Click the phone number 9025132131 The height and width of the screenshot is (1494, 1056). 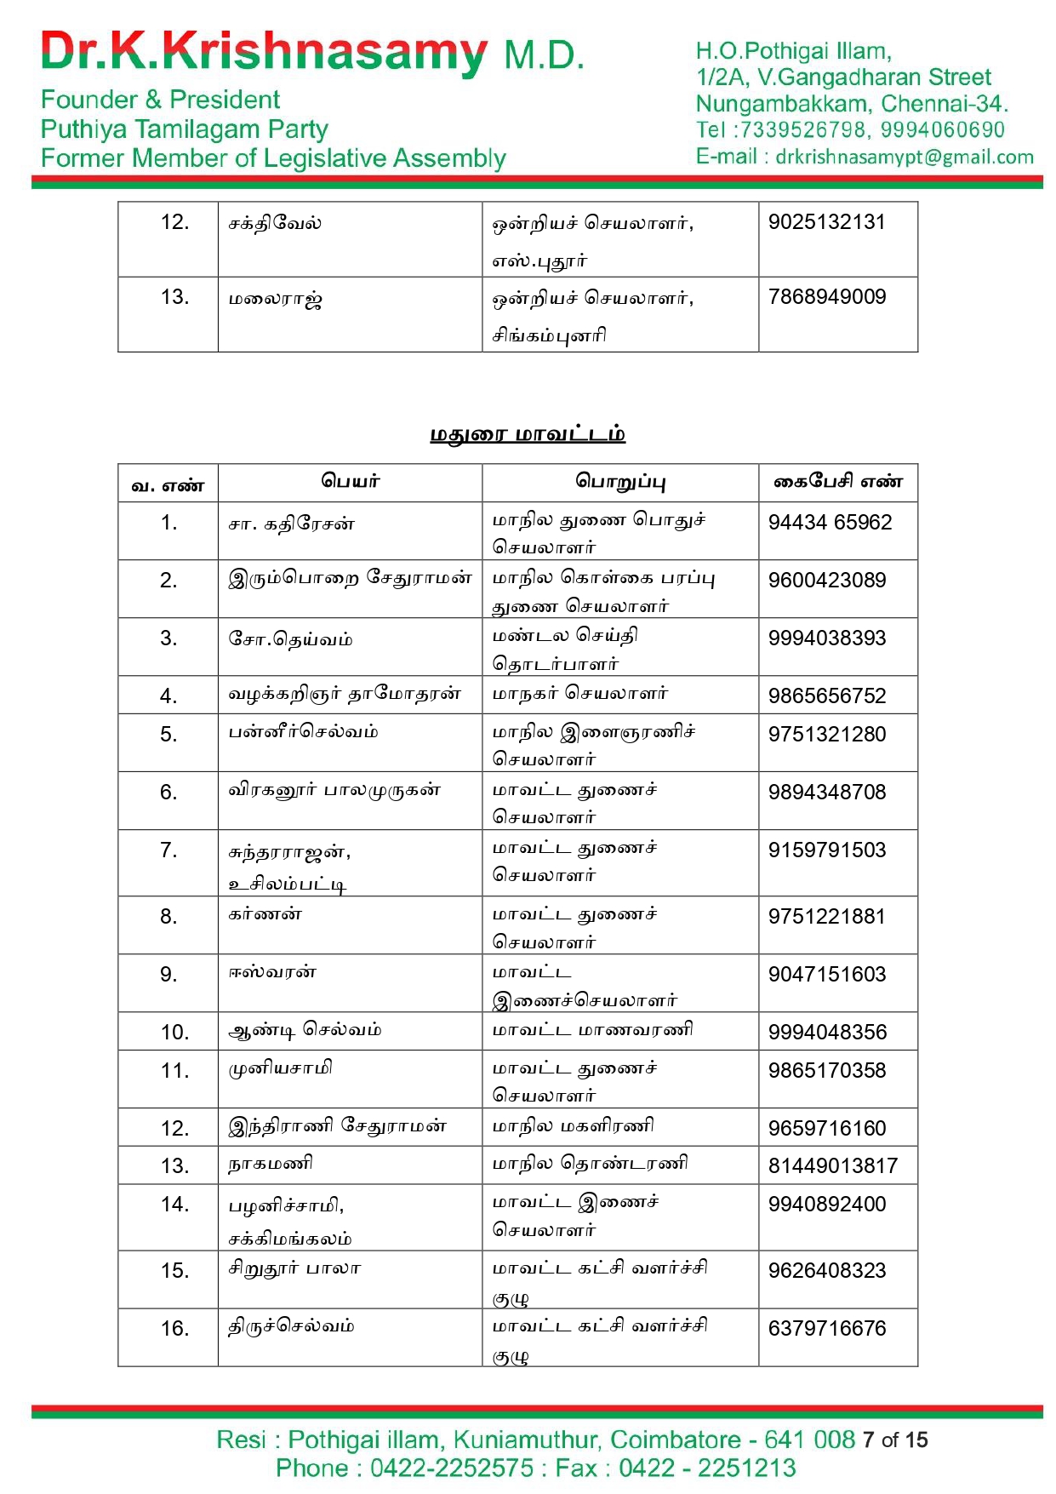[x=826, y=222]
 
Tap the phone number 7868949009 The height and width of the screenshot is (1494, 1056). [x=826, y=297]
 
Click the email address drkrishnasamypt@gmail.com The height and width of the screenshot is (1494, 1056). [x=905, y=157]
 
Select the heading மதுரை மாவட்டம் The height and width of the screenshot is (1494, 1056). [x=528, y=434]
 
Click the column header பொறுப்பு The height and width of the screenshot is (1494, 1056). [x=620, y=482]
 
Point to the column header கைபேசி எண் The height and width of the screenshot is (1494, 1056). [x=837, y=482]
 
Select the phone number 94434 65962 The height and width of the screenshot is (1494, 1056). [x=830, y=523]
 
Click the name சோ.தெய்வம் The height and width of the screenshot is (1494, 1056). [x=290, y=639]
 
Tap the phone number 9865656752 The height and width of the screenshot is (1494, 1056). [x=826, y=696]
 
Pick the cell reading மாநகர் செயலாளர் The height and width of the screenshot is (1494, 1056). [x=580, y=694]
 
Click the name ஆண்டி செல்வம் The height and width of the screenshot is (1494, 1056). [x=305, y=1030]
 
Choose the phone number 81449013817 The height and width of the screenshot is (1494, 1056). [x=832, y=1166]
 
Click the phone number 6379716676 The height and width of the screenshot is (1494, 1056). [x=826, y=1329]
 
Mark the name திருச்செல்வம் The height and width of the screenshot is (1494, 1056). [x=291, y=1326]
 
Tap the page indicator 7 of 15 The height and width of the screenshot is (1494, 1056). [x=894, y=1440]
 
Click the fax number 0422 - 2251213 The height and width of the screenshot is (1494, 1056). [x=707, y=1468]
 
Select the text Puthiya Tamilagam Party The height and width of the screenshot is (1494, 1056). [x=184, y=129]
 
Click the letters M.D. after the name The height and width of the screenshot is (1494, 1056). [x=544, y=56]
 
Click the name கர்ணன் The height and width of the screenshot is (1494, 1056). [x=265, y=915]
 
